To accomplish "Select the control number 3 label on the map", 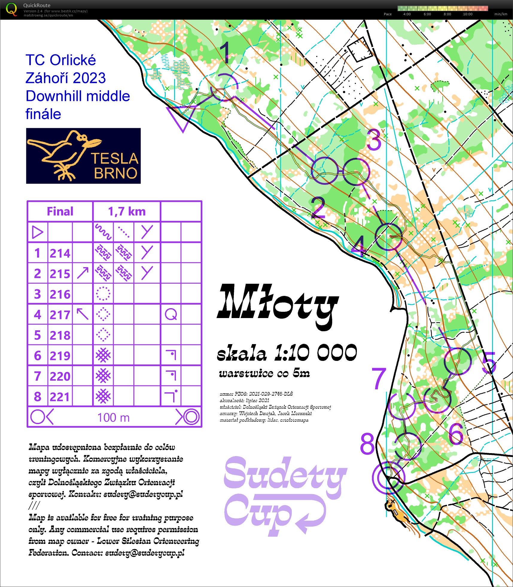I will point(374,140).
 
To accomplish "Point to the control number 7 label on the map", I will point(379,379).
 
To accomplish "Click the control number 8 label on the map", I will point(367,444).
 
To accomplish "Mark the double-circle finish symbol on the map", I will point(388,477).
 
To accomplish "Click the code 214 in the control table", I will point(60,253).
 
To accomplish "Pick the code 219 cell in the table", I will point(60,356).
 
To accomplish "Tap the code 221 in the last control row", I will point(60,397).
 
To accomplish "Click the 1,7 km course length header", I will point(127,211).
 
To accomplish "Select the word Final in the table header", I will point(60,211).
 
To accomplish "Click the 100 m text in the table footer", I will point(114,417).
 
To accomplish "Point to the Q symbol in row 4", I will point(171,314).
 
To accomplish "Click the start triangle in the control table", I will point(38,232).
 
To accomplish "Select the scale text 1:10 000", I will point(316,352).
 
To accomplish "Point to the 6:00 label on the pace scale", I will point(427,14).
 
